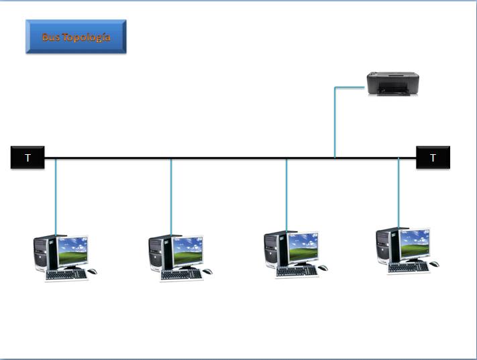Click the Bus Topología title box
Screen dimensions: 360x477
(76, 37)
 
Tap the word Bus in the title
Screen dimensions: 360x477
(51, 38)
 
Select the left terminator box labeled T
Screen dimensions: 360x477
(28, 158)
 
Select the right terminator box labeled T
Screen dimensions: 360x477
(433, 158)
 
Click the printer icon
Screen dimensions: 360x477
(392, 84)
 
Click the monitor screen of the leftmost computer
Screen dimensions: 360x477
(72, 251)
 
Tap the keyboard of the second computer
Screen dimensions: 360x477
(181, 274)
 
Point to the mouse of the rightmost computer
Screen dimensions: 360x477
(435, 264)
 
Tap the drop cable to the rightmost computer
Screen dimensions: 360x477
(399, 194)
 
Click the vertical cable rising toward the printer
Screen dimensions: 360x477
(335, 124)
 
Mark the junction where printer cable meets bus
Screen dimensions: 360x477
(335, 158)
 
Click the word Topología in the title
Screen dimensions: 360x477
(86, 38)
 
